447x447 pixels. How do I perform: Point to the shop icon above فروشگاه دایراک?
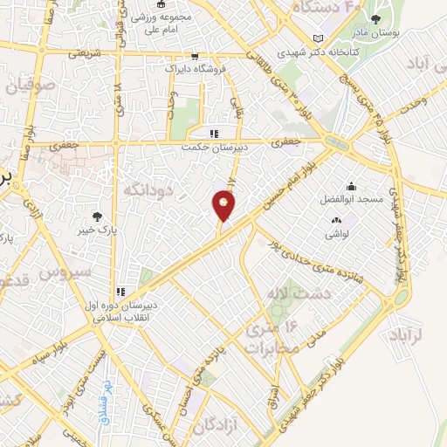pyautogui.click(x=193, y=54)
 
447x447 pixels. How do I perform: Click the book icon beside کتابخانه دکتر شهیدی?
pyautogui.click(x=318, y=38)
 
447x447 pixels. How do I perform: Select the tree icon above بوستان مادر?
pyautogui.click(x=375, y=20)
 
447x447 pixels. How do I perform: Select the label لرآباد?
pyautogui.click(x=426, y=334)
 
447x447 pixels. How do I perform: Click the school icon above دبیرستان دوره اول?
pyautogui.click(x=121, y=292)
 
